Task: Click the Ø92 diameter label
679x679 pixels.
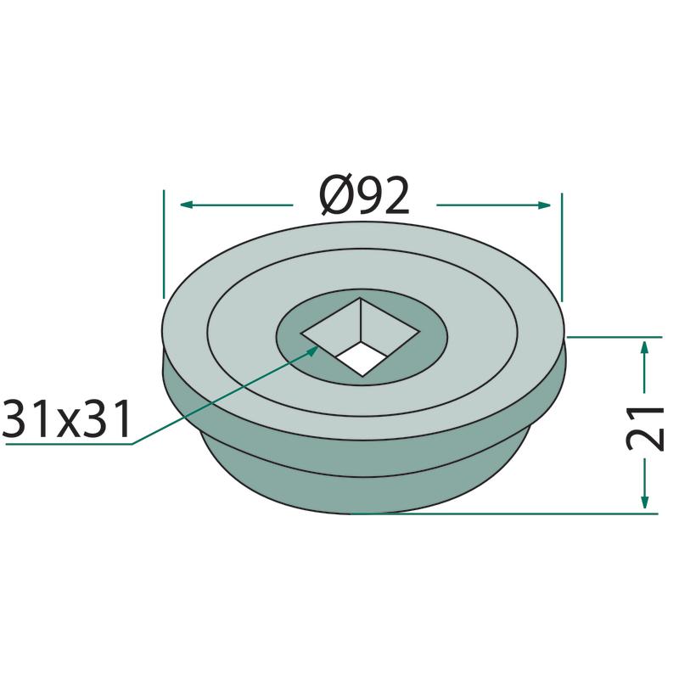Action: [364, 196]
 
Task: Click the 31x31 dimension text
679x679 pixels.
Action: [66, 419]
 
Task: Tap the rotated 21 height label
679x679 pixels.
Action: [645, 428]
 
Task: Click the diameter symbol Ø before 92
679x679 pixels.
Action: [336, 196]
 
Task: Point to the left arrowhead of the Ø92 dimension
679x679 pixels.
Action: [187, 205]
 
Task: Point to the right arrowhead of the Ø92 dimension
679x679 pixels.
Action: [544, 205]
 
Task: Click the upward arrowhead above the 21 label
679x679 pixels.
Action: [645, 348]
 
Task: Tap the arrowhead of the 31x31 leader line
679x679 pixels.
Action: [313, 350]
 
